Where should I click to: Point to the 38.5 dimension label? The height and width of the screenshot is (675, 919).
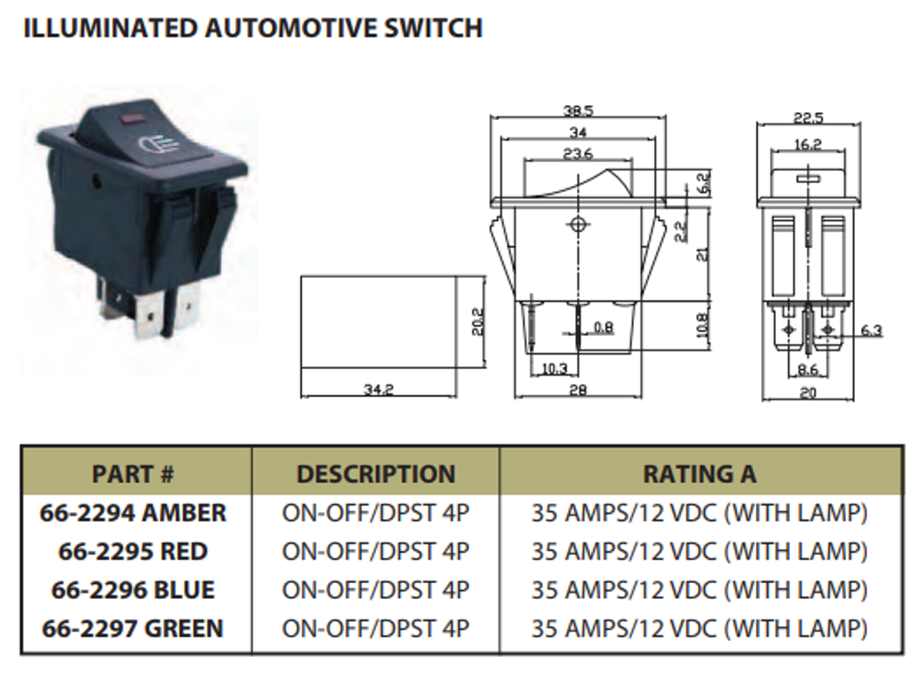point(578,111)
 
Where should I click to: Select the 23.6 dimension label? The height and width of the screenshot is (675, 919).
point(578,154)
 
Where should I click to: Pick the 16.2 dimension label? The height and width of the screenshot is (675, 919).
point(808,144)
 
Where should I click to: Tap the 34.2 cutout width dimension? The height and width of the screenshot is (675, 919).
point(378,390)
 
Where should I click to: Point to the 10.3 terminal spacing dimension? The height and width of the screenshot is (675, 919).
point(554,369)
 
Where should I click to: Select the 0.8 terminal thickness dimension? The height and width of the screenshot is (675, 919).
point(604,328)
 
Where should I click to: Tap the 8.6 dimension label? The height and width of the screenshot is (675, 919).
point(808,371)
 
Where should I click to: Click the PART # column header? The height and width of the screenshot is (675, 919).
point(134,474)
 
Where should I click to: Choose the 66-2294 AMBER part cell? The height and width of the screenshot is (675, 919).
point(134,513)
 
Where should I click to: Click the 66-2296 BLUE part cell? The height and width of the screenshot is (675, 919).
point(134,590)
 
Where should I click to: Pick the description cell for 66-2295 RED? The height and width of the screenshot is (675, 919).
point(375,551)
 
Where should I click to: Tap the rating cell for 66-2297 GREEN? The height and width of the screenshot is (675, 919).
point(699,629)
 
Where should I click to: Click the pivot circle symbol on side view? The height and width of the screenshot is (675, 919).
point(576,225)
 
